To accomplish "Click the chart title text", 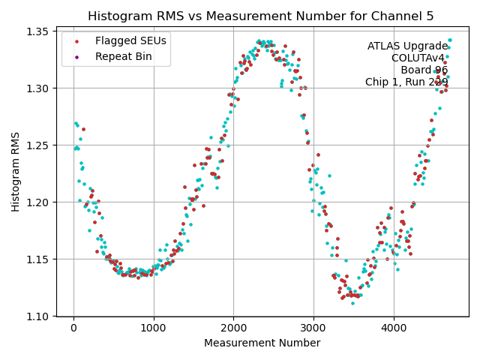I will tap(261, 16).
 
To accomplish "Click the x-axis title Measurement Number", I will tap(262, 343).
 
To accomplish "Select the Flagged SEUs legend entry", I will tap(120, 40).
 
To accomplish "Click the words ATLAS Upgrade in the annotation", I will tap(407, 46).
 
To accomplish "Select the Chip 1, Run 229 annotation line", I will tap(406, 82).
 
